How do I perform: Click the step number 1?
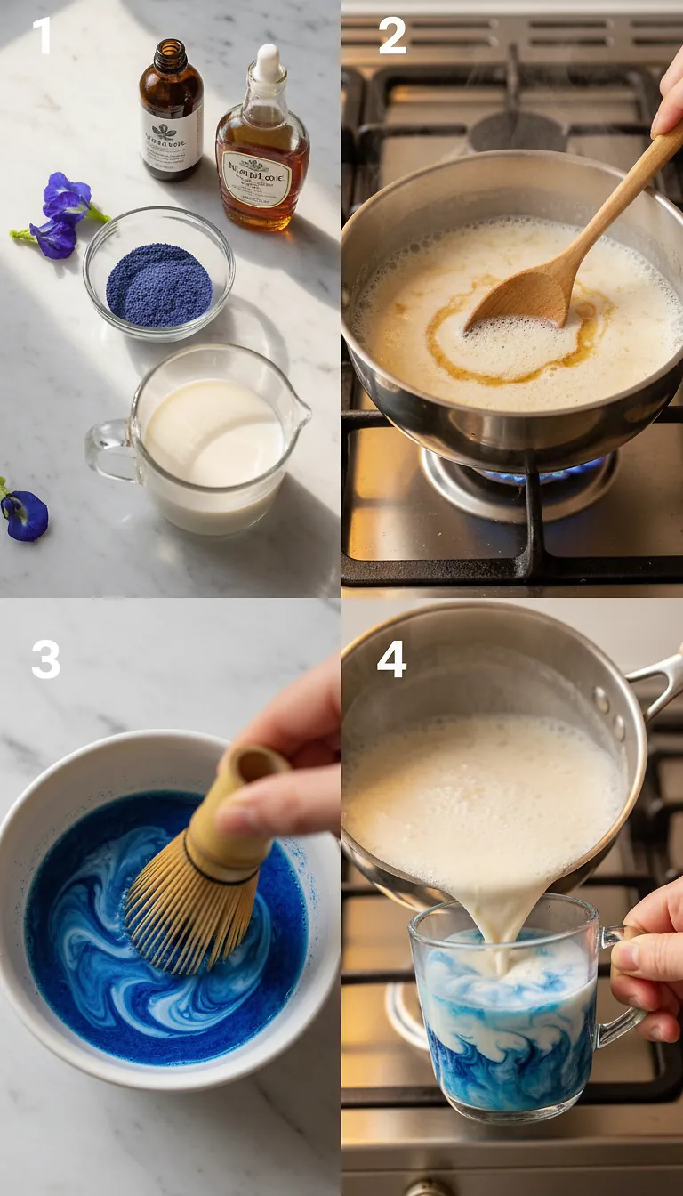tap(41, 36)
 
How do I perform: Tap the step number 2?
tap(391, 36)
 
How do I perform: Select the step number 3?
tap(45, 660)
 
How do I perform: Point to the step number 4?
tap(391, 660)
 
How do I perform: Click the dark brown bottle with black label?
tap(171, 111)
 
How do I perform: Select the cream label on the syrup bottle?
tap(256, 179)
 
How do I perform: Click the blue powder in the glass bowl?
tap(159, 285)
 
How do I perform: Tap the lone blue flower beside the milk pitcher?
tap(24, 514)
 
